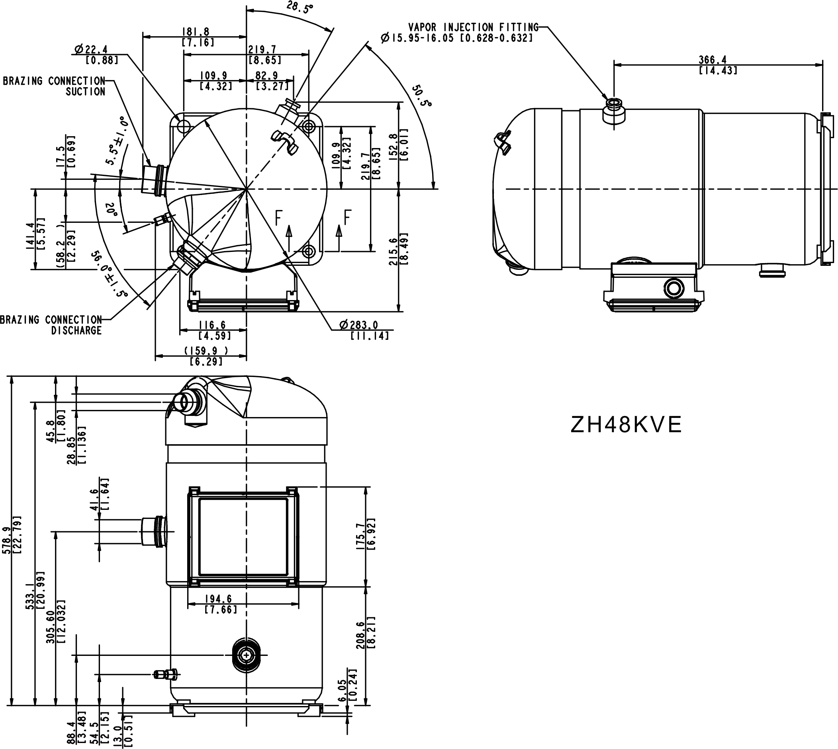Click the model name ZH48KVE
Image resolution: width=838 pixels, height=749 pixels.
coord(626,425)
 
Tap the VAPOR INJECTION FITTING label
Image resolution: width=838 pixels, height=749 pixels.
coord(473,27)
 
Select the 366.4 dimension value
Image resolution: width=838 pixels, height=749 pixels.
coord(713,60)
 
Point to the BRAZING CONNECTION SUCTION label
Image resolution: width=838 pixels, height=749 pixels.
coord(54,86)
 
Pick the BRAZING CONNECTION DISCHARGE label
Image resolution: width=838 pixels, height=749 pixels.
coord(51,325)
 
